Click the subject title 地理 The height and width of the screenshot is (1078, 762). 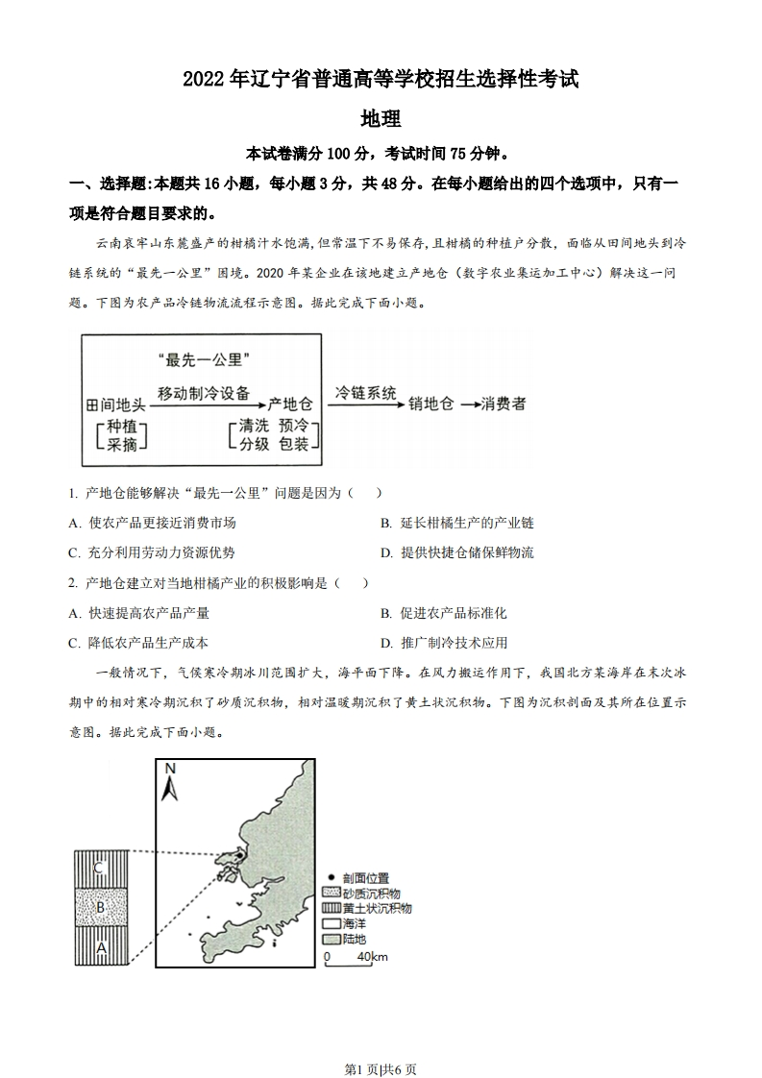click(380, 119)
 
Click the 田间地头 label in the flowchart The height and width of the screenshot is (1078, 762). click(114, 404)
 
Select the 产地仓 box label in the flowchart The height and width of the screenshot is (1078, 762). click(291, 404)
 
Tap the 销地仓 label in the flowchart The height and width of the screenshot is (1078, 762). click(430, 404)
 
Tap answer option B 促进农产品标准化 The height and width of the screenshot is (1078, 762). click(443, 613)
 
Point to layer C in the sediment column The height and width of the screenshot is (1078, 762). click(100, 869)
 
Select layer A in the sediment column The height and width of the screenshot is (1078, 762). click(100, 946)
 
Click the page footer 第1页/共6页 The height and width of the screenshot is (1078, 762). click(381, 1043)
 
